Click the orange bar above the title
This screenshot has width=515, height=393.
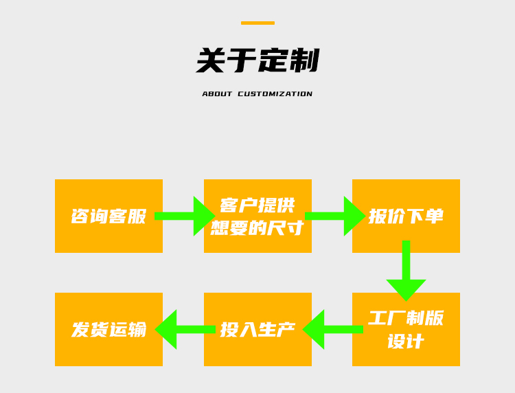pos(257,23)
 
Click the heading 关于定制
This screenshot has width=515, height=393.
pos(257,60)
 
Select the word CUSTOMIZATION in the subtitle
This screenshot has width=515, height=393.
pos(275,94)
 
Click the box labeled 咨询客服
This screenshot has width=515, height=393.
pos(108,216)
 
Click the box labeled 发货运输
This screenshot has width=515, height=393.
pos(108,329)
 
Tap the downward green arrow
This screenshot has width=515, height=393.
pos(406,271)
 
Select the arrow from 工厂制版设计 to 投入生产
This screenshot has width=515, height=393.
pos(332,329)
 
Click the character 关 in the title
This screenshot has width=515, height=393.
pos(211,60)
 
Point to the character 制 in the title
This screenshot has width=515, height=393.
pos(304,60)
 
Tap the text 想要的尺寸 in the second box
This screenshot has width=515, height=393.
pos(257,227)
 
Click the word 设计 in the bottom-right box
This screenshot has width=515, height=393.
pos(406,341)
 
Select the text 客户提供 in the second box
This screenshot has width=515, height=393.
pos(257,205)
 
